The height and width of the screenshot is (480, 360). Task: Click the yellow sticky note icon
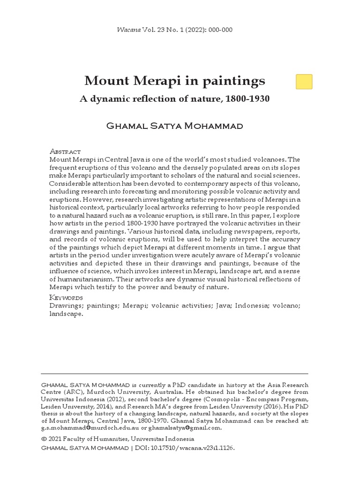click(304, 82)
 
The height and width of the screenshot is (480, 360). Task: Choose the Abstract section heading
click(65, 151)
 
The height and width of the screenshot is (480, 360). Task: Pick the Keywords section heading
click(66, 298)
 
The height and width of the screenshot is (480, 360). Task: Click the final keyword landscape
click(66, 314)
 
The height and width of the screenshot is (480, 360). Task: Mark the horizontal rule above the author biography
click(174, 374)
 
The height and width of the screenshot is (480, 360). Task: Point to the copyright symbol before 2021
click(44, 439)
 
